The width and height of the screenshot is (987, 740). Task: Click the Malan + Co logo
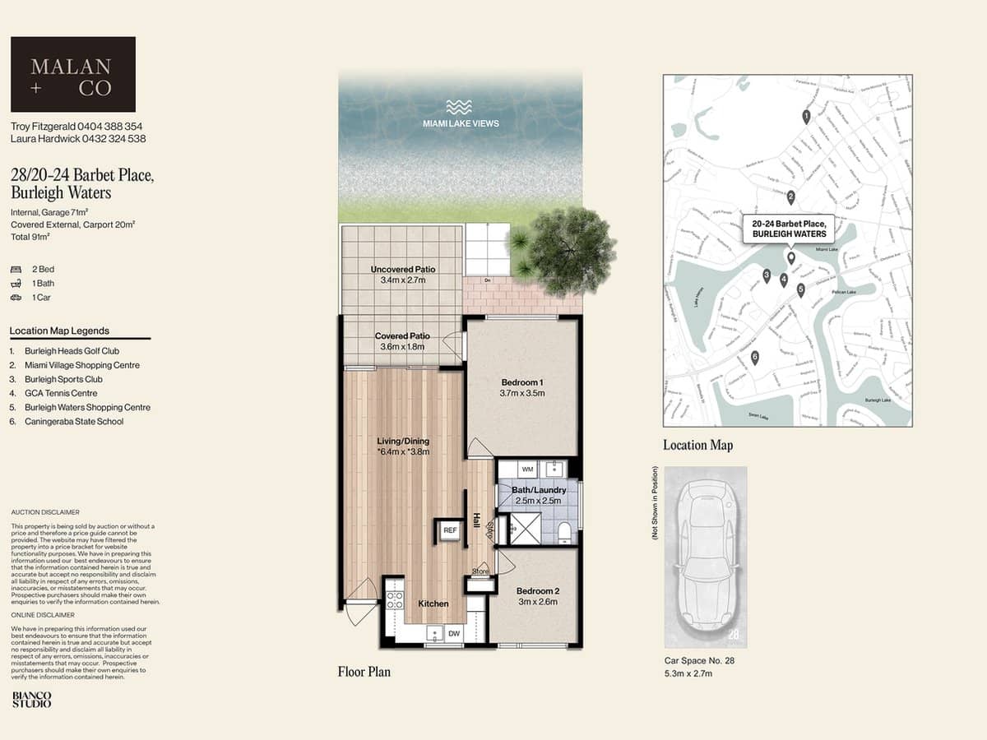[72, 74]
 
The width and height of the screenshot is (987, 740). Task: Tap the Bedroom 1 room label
[522, 382]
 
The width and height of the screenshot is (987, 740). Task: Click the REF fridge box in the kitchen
[450, 531]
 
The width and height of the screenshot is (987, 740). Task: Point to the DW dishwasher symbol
[454, 633]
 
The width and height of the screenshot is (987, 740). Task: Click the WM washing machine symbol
[528, 469]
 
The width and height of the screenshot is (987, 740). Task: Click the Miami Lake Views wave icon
[460, 107]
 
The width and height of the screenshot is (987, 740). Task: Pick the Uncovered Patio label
[402, 269]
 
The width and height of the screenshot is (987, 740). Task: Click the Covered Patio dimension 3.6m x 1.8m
[403, 347]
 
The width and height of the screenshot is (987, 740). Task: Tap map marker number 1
[806, 117]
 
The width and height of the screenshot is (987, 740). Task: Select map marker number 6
[754, 358]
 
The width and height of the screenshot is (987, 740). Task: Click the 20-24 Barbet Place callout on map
[789, 228]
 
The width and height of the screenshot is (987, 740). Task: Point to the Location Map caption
[697, 445]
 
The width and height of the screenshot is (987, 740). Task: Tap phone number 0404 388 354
[110, 127]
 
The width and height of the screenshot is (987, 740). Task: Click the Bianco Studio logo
[31, 699]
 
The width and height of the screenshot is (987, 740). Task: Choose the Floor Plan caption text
[364, 672]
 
